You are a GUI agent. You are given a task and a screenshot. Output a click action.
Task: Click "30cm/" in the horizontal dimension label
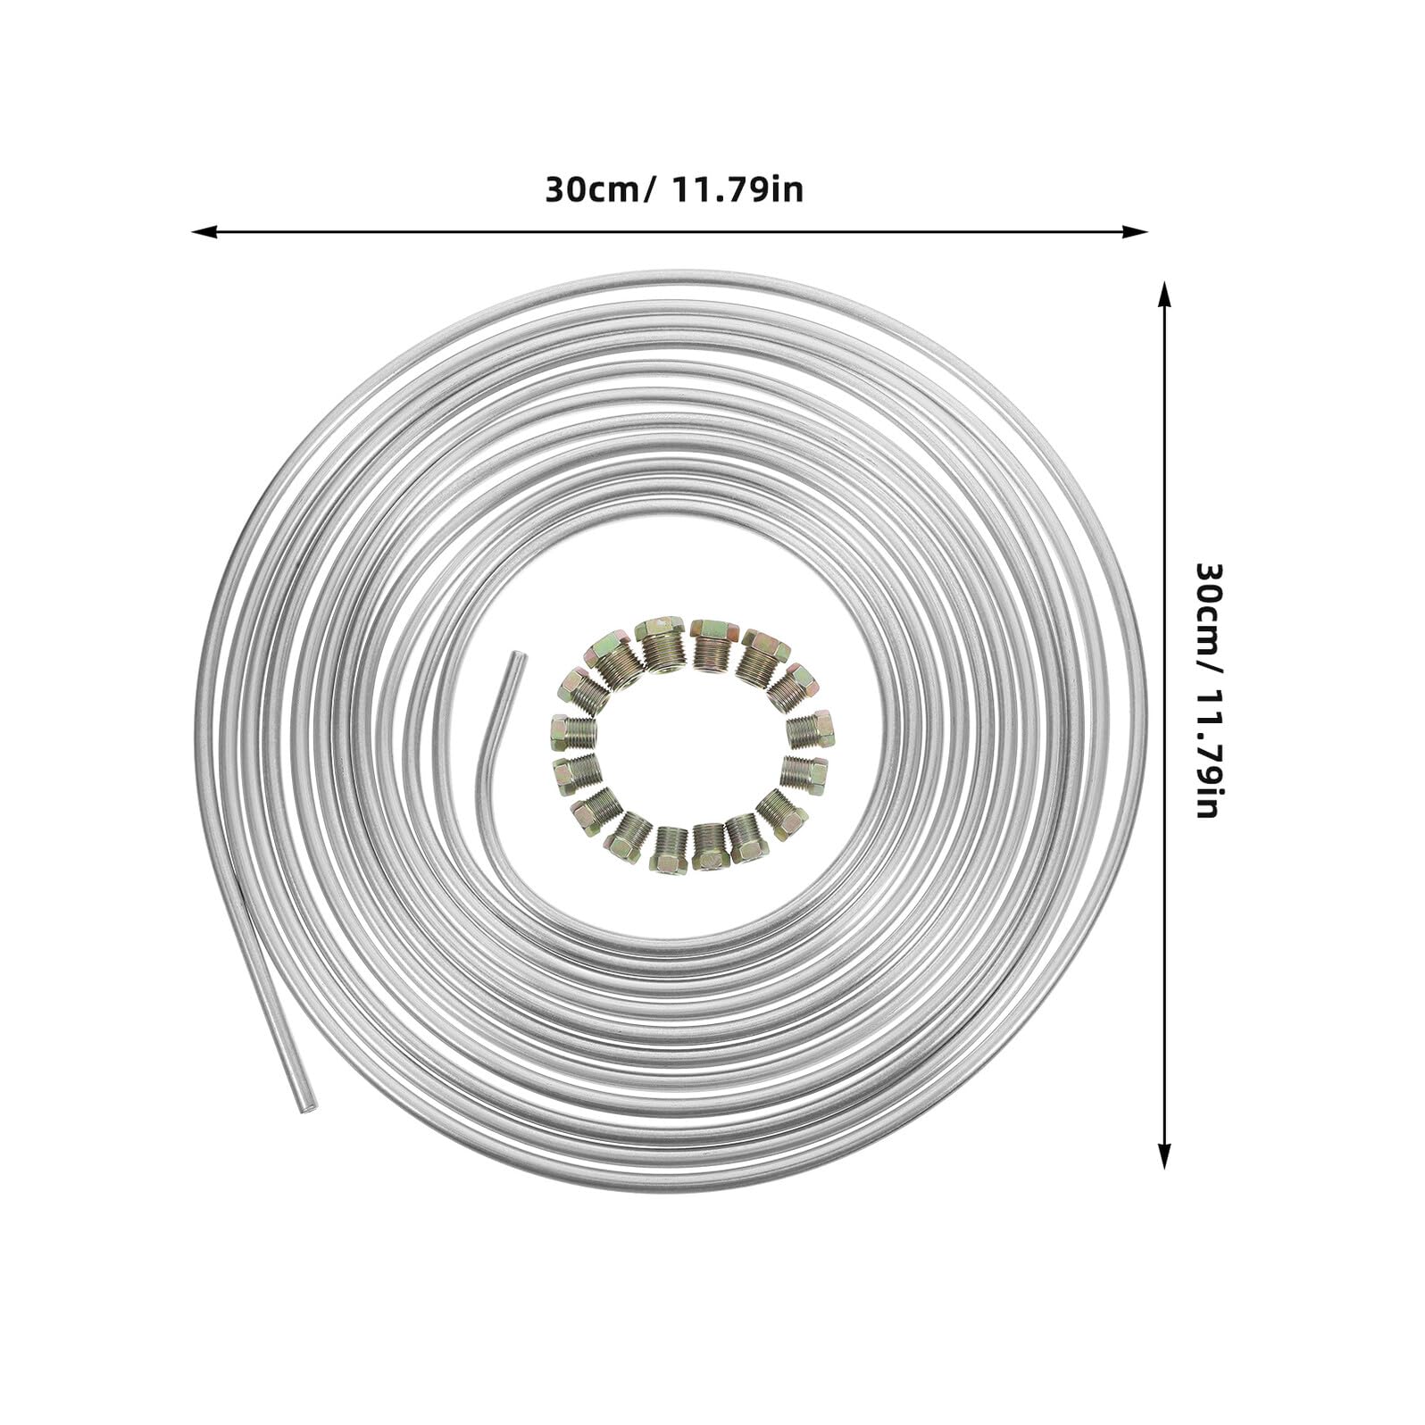(601, 190)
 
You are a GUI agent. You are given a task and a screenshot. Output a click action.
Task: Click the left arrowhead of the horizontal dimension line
(204, 231)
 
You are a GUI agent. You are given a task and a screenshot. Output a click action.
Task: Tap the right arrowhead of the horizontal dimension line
(1136, 231)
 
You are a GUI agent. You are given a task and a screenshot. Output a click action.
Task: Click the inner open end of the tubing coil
(515, 658)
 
